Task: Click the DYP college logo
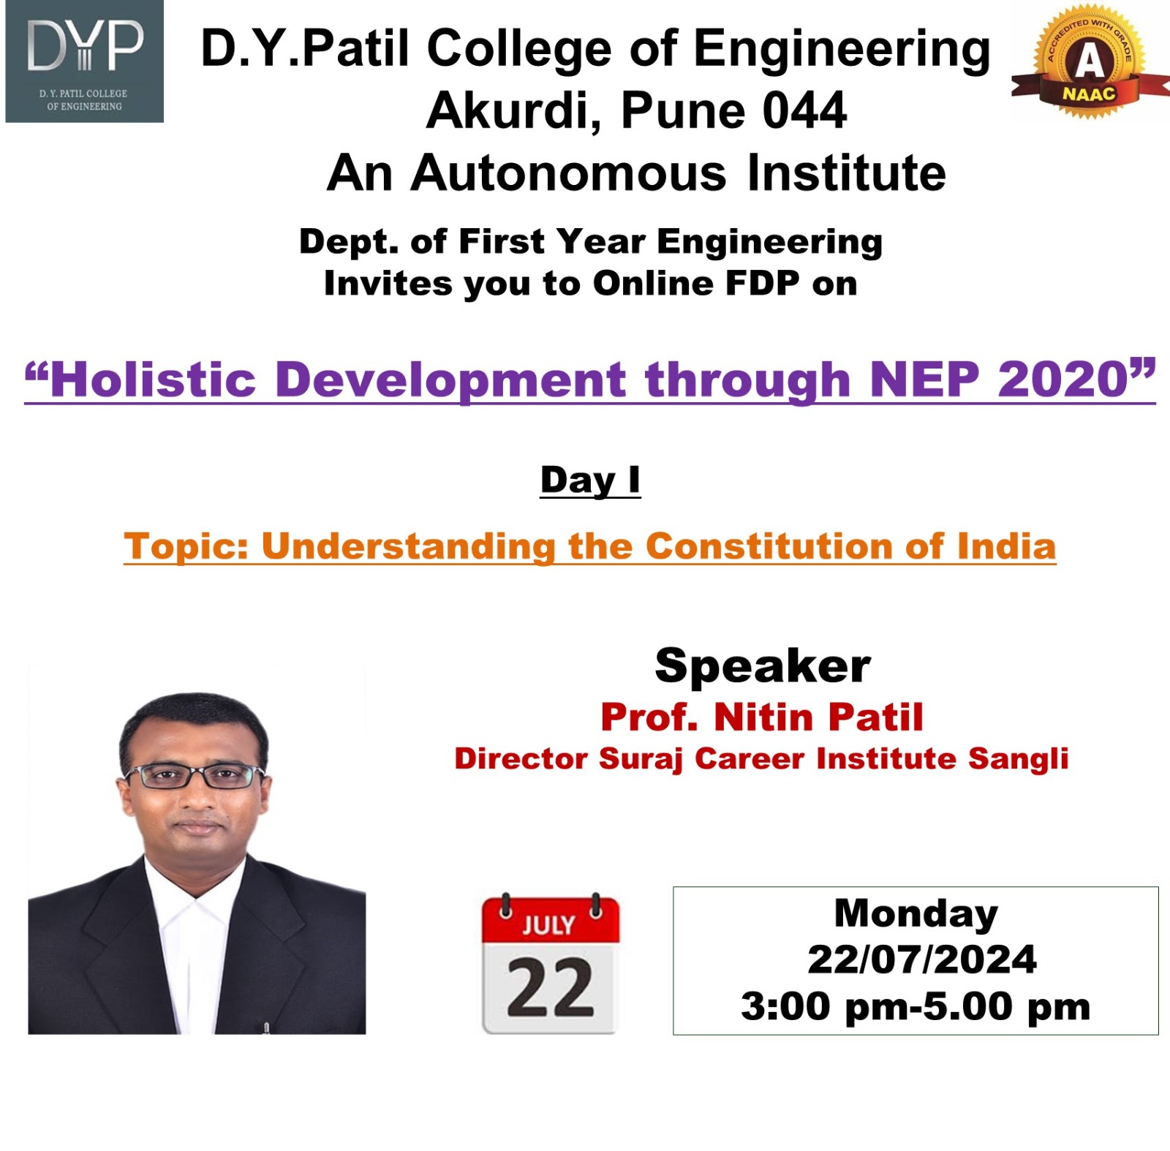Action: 84,62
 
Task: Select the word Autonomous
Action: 569,173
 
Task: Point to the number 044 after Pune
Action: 805,111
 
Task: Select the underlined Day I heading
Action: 590,480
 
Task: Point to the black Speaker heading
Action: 763,665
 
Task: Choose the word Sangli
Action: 1018,759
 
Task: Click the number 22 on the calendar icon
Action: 550,987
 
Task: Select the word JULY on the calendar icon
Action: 548,925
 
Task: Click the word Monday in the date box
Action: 916,914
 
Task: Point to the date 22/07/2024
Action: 921,959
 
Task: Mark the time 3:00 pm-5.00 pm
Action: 916,1007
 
